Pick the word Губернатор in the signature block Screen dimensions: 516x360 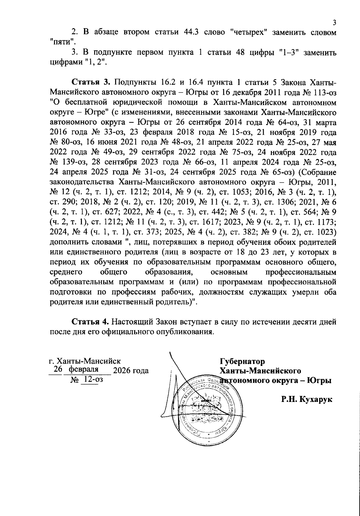click(x=242, y=361)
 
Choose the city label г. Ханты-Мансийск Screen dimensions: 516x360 click(x=85, y=361)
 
